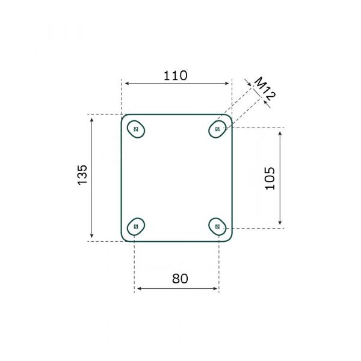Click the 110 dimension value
click(x=176, y=76)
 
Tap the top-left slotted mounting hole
click(x=137, y=129)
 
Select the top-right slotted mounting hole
click(x=218, y=129)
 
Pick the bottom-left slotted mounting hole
click(x=136, y=226)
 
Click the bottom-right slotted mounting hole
click(x=218, y=227)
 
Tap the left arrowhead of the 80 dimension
click(x=138, y=289)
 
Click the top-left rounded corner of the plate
click(x=124, y=117)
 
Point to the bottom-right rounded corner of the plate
click(x=229, y=238)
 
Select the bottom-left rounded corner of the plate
click(x=124, y=238)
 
